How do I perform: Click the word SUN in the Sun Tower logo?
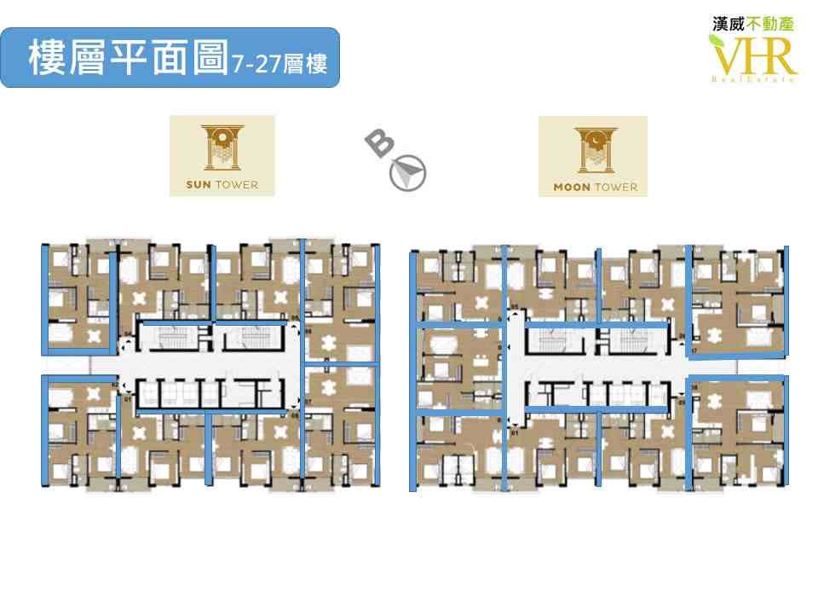click(x=198, y=184)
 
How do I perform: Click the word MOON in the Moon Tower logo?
click(x=571, y=187)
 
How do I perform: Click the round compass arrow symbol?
click(x=408, y=171)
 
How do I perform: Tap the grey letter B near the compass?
click(x=380, y=144)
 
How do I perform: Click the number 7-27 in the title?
click(x=256, y=64)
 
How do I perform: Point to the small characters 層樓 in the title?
click(x=307, y=64)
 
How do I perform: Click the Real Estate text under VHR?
click(x=753, y=79)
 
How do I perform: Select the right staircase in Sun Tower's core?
click(x=253, y=339)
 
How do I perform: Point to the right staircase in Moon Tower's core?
click(x=634, y=342)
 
